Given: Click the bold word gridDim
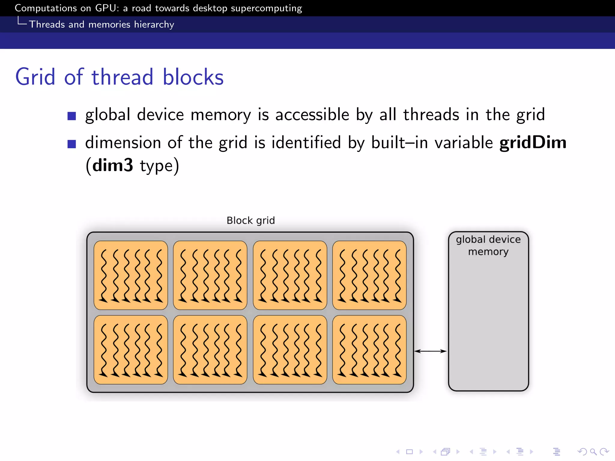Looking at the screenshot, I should click(533, 142).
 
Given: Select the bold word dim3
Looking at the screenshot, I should click(113, 165).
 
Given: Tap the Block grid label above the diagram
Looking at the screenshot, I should click(250, 221).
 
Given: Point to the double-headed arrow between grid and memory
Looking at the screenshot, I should click(430, 351).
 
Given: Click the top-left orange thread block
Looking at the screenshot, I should click(131, 275).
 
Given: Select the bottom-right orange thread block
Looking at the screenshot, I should click(369, 350).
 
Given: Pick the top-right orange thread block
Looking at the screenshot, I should click(369, 275).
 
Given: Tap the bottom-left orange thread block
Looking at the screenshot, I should click(131, 350).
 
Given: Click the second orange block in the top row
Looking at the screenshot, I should click(210, 275).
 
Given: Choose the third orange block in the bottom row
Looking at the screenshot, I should click(290, 350).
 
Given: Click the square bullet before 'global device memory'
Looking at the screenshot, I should click(71, 116).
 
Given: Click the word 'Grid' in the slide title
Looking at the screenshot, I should click(35, 77).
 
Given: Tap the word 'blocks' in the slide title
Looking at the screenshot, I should click(193, 77).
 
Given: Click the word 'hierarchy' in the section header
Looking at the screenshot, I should click(154, 24).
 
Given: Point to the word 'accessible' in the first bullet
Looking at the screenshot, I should click(312, 115).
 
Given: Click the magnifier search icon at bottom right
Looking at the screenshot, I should click(593, 452).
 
